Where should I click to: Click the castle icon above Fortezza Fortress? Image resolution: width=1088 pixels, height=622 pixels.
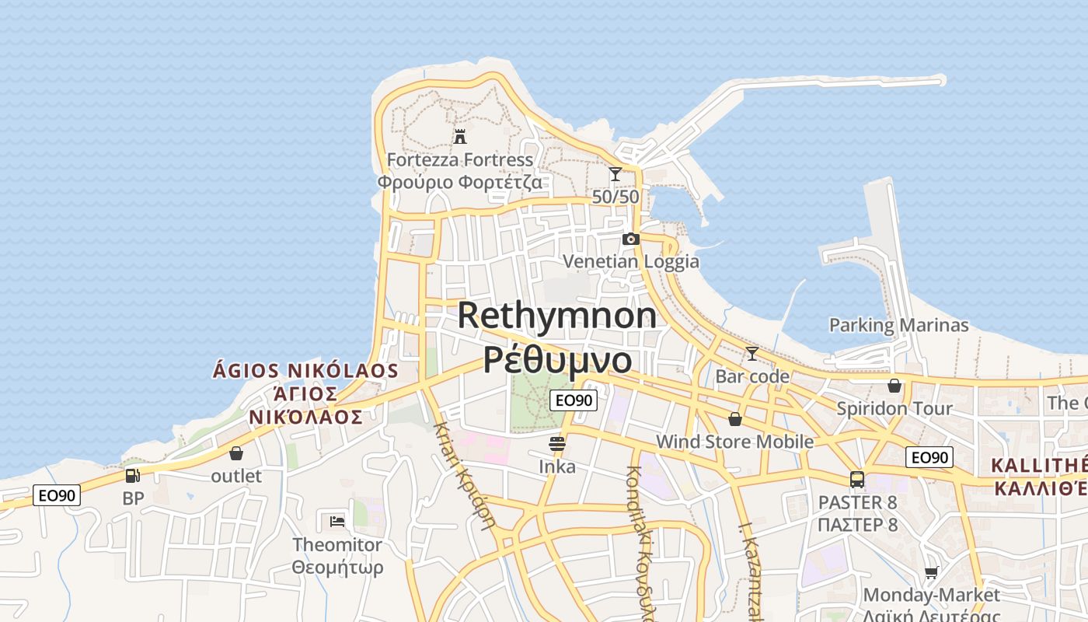tap(460, 137)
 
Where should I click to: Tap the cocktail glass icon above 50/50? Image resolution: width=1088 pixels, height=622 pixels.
tap(615, 174)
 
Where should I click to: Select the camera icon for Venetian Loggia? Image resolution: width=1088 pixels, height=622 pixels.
tap(631, 239)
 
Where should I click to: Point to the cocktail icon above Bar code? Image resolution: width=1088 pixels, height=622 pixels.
tap(752, 354)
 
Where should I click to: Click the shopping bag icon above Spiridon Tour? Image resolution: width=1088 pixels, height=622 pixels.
tap(894, 386)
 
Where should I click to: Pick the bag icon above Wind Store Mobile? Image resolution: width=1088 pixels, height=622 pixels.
tap(735, 419)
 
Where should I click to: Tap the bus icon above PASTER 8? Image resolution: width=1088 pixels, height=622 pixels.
tap(857, 479)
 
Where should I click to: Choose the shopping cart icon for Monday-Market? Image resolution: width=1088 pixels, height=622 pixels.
tap(931, 573)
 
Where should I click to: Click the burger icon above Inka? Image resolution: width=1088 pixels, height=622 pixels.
tap(557, 444)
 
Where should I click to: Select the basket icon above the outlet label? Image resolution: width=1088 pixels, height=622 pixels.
tap(236, 453)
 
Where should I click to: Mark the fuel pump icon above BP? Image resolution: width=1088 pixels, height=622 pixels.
tap(133, 475)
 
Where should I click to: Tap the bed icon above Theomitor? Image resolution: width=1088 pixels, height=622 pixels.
tap(337, 521)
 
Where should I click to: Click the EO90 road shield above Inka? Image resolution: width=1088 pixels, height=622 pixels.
tap(574, 400)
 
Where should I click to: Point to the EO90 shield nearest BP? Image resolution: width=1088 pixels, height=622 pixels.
tap(57, 495)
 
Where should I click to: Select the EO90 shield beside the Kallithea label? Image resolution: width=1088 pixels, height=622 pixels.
tap(929, 457)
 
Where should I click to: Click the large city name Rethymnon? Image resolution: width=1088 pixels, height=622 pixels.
tap(556, 316)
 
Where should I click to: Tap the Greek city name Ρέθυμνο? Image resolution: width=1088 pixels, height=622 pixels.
tap(556, 359)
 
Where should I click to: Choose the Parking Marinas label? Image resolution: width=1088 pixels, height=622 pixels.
tap(899, 325)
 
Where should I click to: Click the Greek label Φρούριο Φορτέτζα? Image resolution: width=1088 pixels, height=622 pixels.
tap(460, 183)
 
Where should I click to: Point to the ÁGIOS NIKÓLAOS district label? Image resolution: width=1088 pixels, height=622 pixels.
tap(305, 371)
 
